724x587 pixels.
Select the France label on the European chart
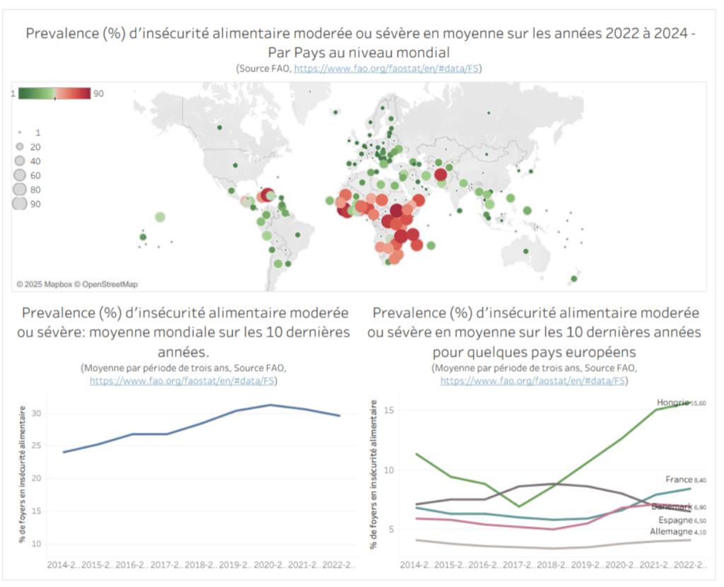click(x=678, y=480)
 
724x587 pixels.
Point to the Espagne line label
click(x=674, y=520)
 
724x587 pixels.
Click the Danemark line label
click(x=672, y=507)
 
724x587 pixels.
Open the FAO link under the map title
click(x=387, y=69)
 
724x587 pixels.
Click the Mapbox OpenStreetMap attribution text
click(x=77, y=284)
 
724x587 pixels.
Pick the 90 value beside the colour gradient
click(x=98, y=93)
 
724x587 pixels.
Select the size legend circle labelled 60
click(x=20, y=175)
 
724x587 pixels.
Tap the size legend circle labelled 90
click(x=20, y=204)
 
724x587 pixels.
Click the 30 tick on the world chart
click(x=37, y=414)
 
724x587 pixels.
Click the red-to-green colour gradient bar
click(x=54, y=93)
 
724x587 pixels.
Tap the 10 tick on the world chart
click(x=37, y=543)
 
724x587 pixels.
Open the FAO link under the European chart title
click(x=533, y=380)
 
